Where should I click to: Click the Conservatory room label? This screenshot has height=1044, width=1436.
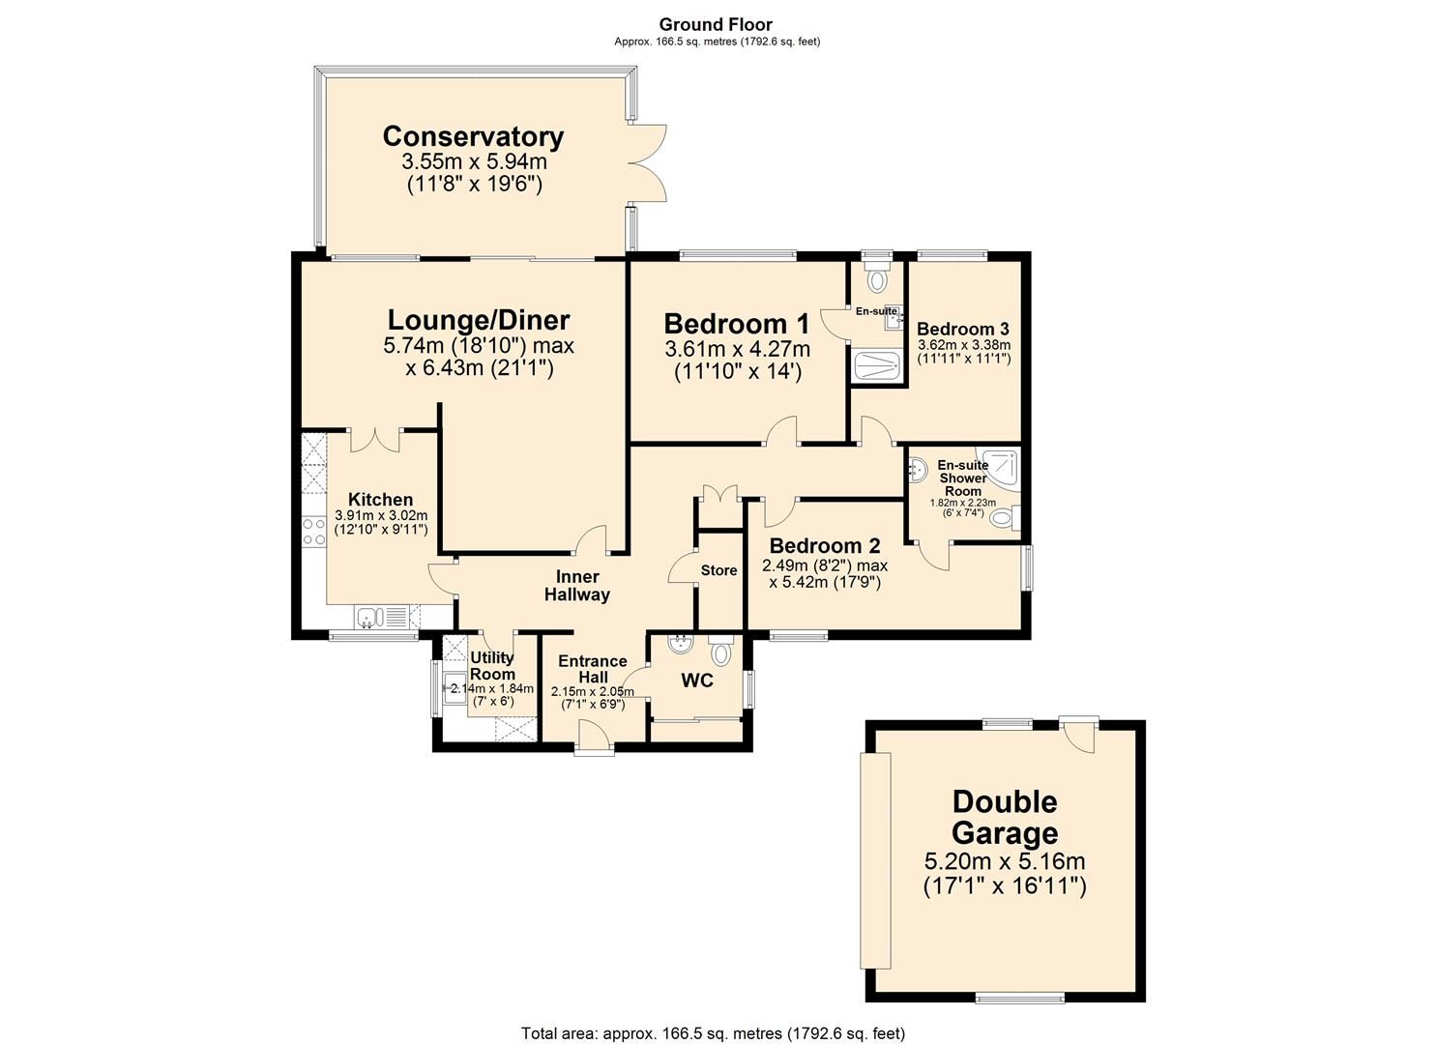coord(473,137)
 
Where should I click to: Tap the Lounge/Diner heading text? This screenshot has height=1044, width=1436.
coord(479,320)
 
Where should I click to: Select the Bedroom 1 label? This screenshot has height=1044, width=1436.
coord(736,323)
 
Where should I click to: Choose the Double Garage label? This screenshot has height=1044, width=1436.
coord(1005,817)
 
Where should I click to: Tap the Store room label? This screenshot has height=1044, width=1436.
coord(718,571)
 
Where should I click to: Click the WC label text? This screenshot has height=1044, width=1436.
coord(696,681)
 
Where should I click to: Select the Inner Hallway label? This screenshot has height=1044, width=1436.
coord(577,586)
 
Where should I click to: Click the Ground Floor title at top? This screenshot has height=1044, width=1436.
coord(717,25)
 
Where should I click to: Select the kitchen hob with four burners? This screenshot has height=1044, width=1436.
coord(314,531)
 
